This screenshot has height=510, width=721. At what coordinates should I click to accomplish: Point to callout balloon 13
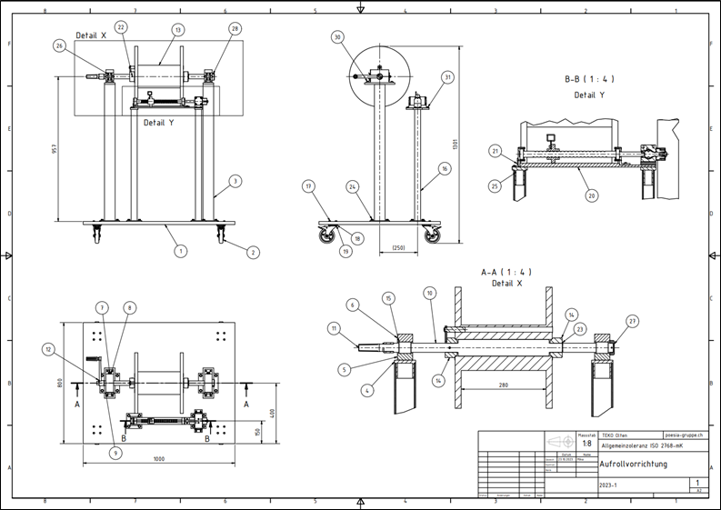177,29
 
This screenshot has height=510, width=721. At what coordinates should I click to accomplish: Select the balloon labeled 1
181,250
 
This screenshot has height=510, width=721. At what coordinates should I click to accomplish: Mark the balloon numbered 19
345,250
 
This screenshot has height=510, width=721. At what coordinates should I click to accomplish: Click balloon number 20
591,195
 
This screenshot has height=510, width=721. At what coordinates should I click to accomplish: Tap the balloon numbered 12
47,348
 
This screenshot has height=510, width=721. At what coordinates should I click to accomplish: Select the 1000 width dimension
160,459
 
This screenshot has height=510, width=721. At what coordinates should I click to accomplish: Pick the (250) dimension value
398,248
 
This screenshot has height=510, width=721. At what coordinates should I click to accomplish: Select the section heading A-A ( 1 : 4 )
506,271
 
